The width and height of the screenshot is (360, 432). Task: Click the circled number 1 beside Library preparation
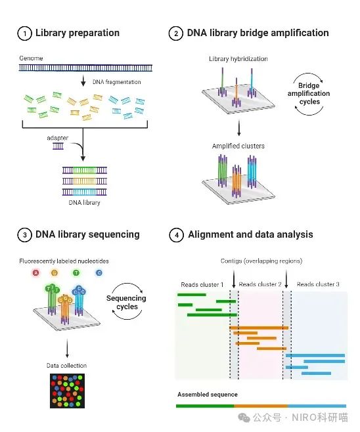click(24, 33)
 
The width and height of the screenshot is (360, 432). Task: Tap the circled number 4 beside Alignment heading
click(176, 235)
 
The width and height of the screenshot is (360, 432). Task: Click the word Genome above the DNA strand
click(31, 58)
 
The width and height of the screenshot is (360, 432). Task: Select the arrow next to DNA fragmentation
click(83, 81)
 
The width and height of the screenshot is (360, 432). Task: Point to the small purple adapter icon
click(58, 146)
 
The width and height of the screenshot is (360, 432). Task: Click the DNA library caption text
click(84, 202)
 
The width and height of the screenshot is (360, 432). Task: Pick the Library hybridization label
click(238, 58)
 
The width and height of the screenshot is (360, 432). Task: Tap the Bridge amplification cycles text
click(309, 93)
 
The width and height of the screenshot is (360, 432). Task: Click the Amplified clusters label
click(238, 146)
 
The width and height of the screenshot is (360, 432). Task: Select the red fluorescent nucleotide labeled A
click(35, 272)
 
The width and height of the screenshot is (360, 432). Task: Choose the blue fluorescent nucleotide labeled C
click(99, 272)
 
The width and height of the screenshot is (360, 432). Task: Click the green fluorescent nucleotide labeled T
click(76, 272)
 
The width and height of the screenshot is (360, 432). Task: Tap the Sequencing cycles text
click(127, 302)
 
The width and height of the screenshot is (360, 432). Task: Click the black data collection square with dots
click(67, 391)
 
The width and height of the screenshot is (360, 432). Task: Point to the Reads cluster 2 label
click(260, 284)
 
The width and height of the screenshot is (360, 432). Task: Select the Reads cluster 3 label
click(318, 284)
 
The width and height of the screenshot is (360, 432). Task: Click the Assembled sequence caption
click(208, 395)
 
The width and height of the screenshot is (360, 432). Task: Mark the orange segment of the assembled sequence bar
click(261, 406)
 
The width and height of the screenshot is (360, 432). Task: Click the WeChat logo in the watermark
click(244, 418)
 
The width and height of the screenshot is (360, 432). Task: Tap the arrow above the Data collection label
click(67, 349)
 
